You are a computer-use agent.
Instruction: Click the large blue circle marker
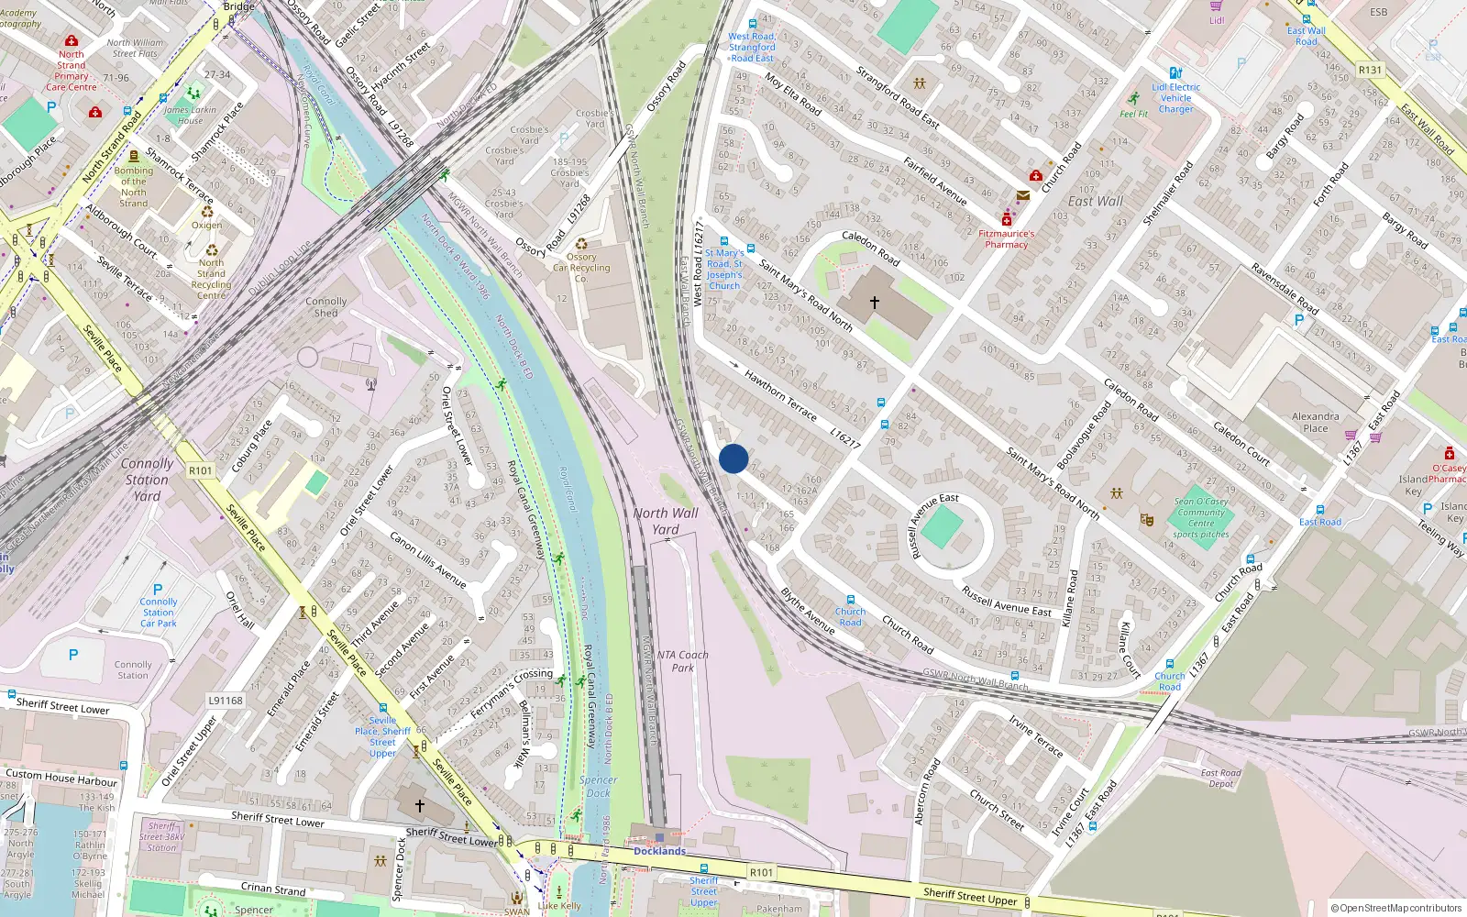pyautogui.click(x=733, y=458)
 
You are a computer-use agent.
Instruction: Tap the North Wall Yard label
pyautogui.click(x=666, y=521)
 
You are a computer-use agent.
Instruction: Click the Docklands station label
pyautogui.click(x=659, y=851)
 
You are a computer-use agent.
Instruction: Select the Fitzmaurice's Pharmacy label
pyautogui.click(x=1006, y=238)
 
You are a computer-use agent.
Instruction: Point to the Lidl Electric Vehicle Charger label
pyautogui.click(x=1175, y=98)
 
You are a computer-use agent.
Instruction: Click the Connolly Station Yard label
pyautogui.click(x=147, y=480)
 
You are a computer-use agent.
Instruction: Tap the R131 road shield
pyautogui.click(x=1370, y=70)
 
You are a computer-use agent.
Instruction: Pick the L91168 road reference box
pyautogui.click(x=226, y=701)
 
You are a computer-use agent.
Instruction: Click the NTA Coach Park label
pyautogui.click(x=683, y=661)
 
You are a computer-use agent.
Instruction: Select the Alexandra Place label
pyautogui.click(x=1315, y=422)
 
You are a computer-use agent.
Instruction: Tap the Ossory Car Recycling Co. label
pyautogui.click(x=581, y=268)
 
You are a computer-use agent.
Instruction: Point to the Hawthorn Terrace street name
pyautogui.click(x=780, y=395)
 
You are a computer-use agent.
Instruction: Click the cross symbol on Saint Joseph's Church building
pyautogui.click(x=875, y=302)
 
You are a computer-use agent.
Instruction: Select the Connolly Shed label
pyautogui.click(x=326, y=306)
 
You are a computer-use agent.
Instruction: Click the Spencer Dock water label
pyautogui.click(x=599, y=786)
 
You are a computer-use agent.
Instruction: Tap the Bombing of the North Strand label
pyautogui.click(x=134, y=187)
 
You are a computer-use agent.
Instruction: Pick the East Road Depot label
pyautogui.click(x=1221, y=778)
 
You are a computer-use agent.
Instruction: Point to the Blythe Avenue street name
pyautogui.click(x=808, y=612)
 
